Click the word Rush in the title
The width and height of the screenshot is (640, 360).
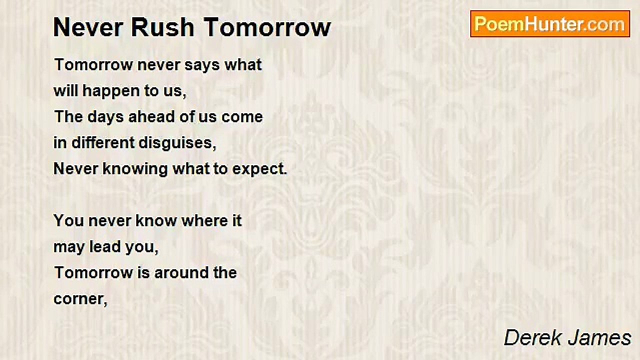[x=162, y=27]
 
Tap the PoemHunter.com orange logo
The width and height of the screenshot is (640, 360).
[x=550, y=24]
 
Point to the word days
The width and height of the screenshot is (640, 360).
[x=105, y=117]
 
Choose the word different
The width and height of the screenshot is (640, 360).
[x=102, y=142]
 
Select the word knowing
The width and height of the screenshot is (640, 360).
[x=135, y=169]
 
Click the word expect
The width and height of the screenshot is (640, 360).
[x=259, y=169]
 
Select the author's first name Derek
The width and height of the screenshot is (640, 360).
[x=533, y=338]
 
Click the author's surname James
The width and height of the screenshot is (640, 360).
[x=599, y=338]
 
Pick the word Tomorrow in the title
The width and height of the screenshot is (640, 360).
[x=267, y=27]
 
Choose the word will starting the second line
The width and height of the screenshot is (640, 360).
[x=65, y=91]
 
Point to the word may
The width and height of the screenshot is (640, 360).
[x=69, y=247]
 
